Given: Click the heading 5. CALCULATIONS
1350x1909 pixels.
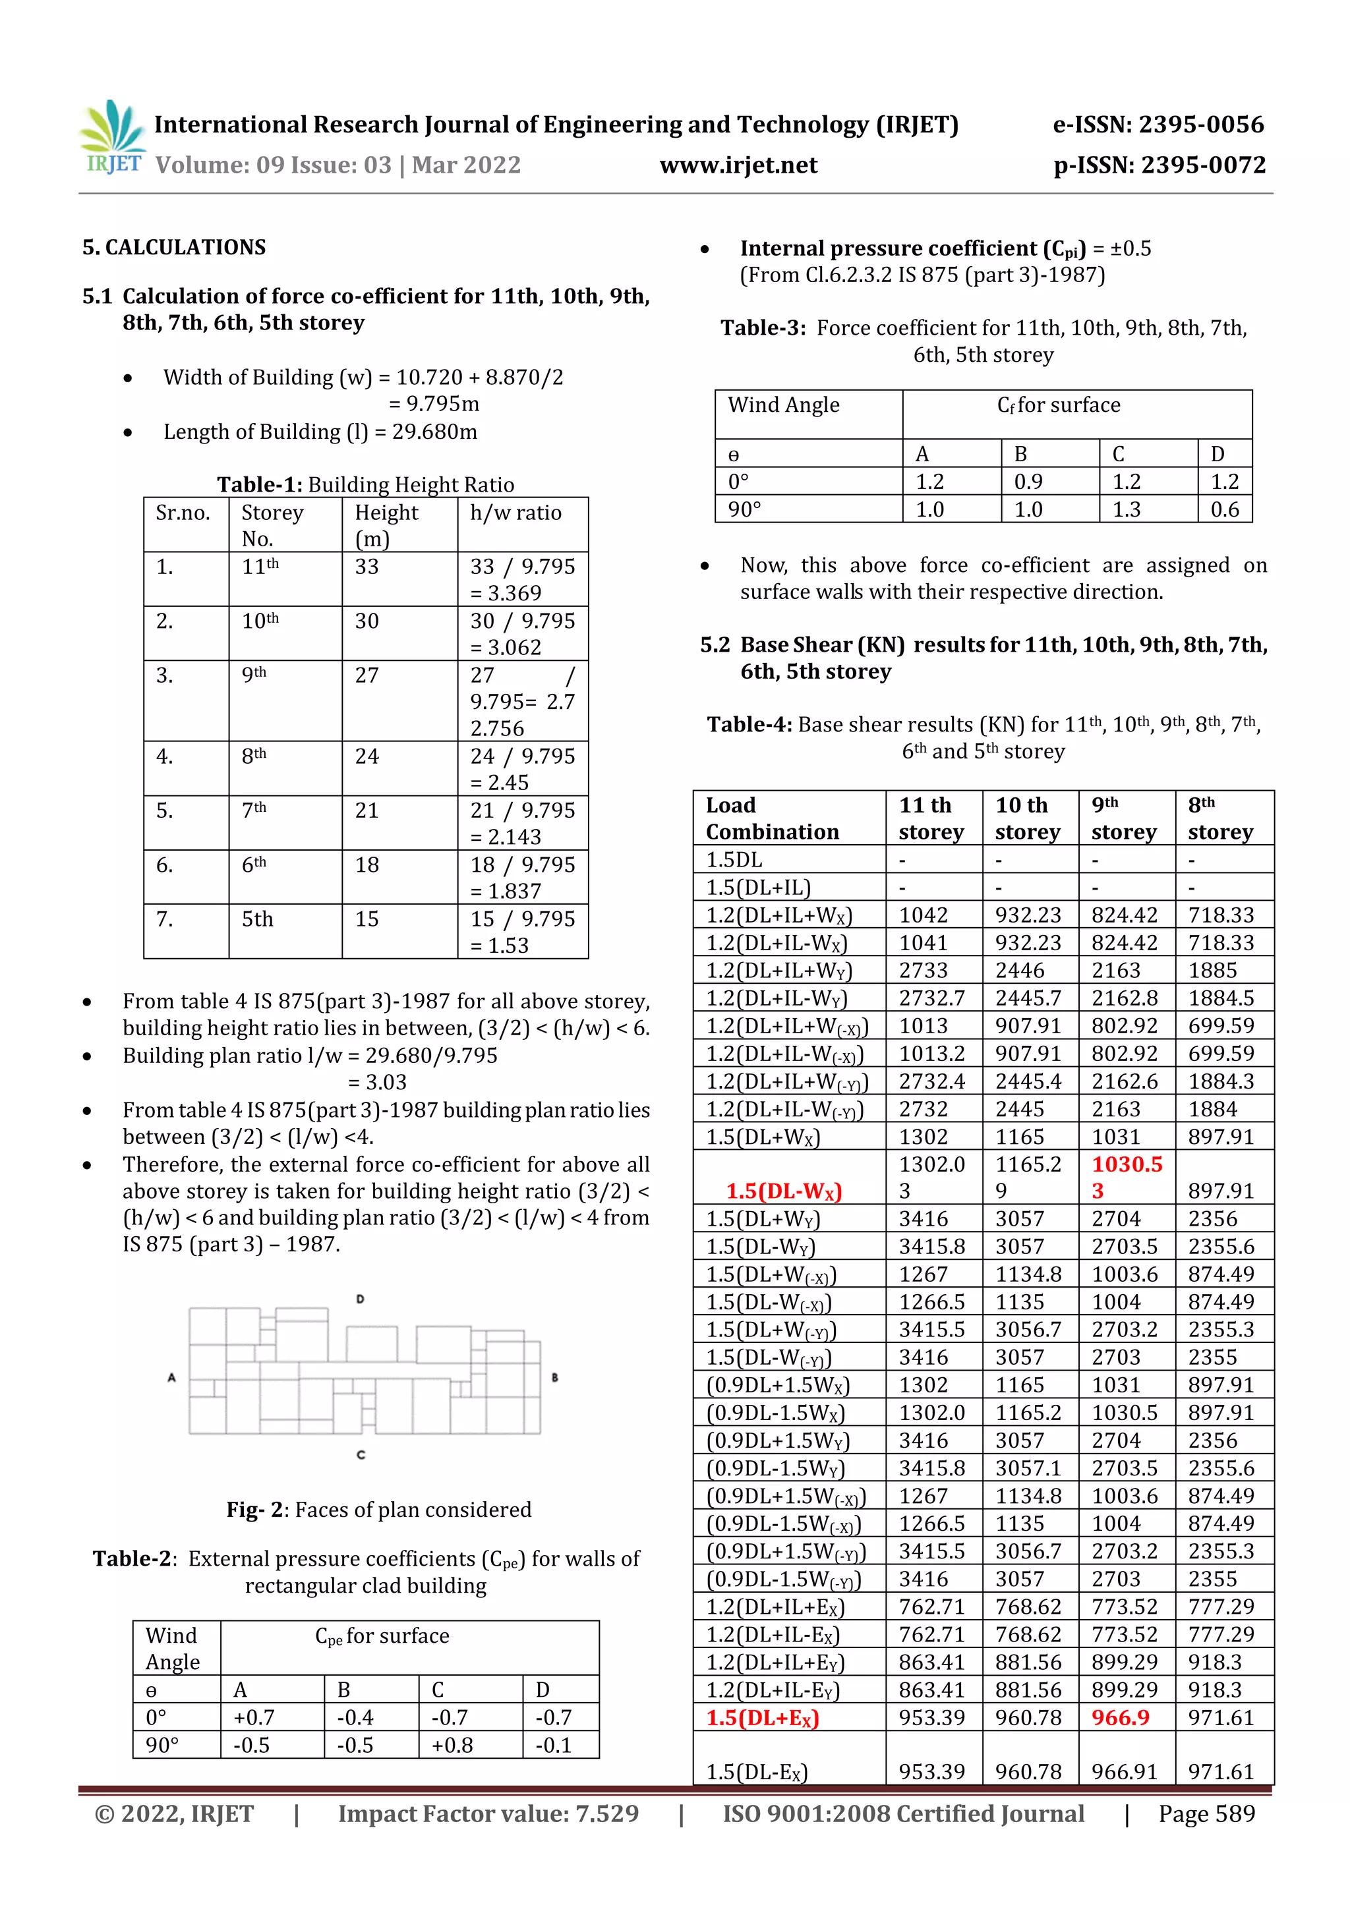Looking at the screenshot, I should tap(174, 247).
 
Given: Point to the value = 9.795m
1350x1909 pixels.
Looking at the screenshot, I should tap(434, 404).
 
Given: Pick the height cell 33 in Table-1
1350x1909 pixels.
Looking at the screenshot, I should tap(367, 567).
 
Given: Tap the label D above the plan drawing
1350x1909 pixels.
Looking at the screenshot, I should tap(360, 1299).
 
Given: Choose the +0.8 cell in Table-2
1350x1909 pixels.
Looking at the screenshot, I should tap(452, 1744).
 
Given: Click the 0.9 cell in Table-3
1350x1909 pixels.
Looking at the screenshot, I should tap(1028, 482).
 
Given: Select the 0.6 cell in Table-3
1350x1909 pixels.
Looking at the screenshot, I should tap(1224, 509).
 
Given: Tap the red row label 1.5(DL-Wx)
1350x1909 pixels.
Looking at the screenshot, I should tap(784, 1191).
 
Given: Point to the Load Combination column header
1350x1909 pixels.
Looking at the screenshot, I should tap(772, 818).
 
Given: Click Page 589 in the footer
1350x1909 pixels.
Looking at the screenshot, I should tap(1206, 1813).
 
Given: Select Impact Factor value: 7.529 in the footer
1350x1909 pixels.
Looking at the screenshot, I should tap(488, 1813).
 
